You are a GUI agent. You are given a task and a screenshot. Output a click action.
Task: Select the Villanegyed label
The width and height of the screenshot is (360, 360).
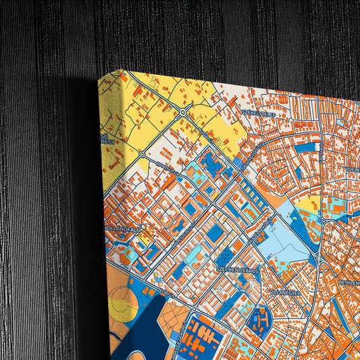coord(284,292)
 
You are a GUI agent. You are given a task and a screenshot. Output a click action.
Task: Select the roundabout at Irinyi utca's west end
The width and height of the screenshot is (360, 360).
coord(141,155)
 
